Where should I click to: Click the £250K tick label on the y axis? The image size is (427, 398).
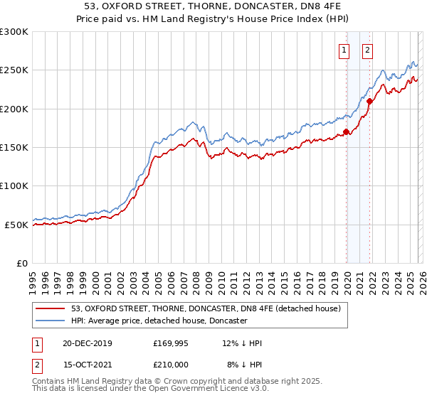[14, 70]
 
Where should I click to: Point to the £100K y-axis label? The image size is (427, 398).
[14, 185]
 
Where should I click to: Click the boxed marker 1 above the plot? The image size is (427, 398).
[344, 50]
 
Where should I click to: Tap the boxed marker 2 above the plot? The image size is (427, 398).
[367, 50]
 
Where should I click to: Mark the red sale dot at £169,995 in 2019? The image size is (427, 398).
[346, 131]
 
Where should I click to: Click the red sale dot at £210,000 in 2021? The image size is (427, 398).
[369, 101]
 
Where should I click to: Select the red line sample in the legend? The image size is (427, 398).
[51, 308]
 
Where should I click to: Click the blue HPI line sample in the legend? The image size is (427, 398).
[51, 321]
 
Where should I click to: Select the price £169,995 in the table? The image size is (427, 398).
[171, 344]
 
